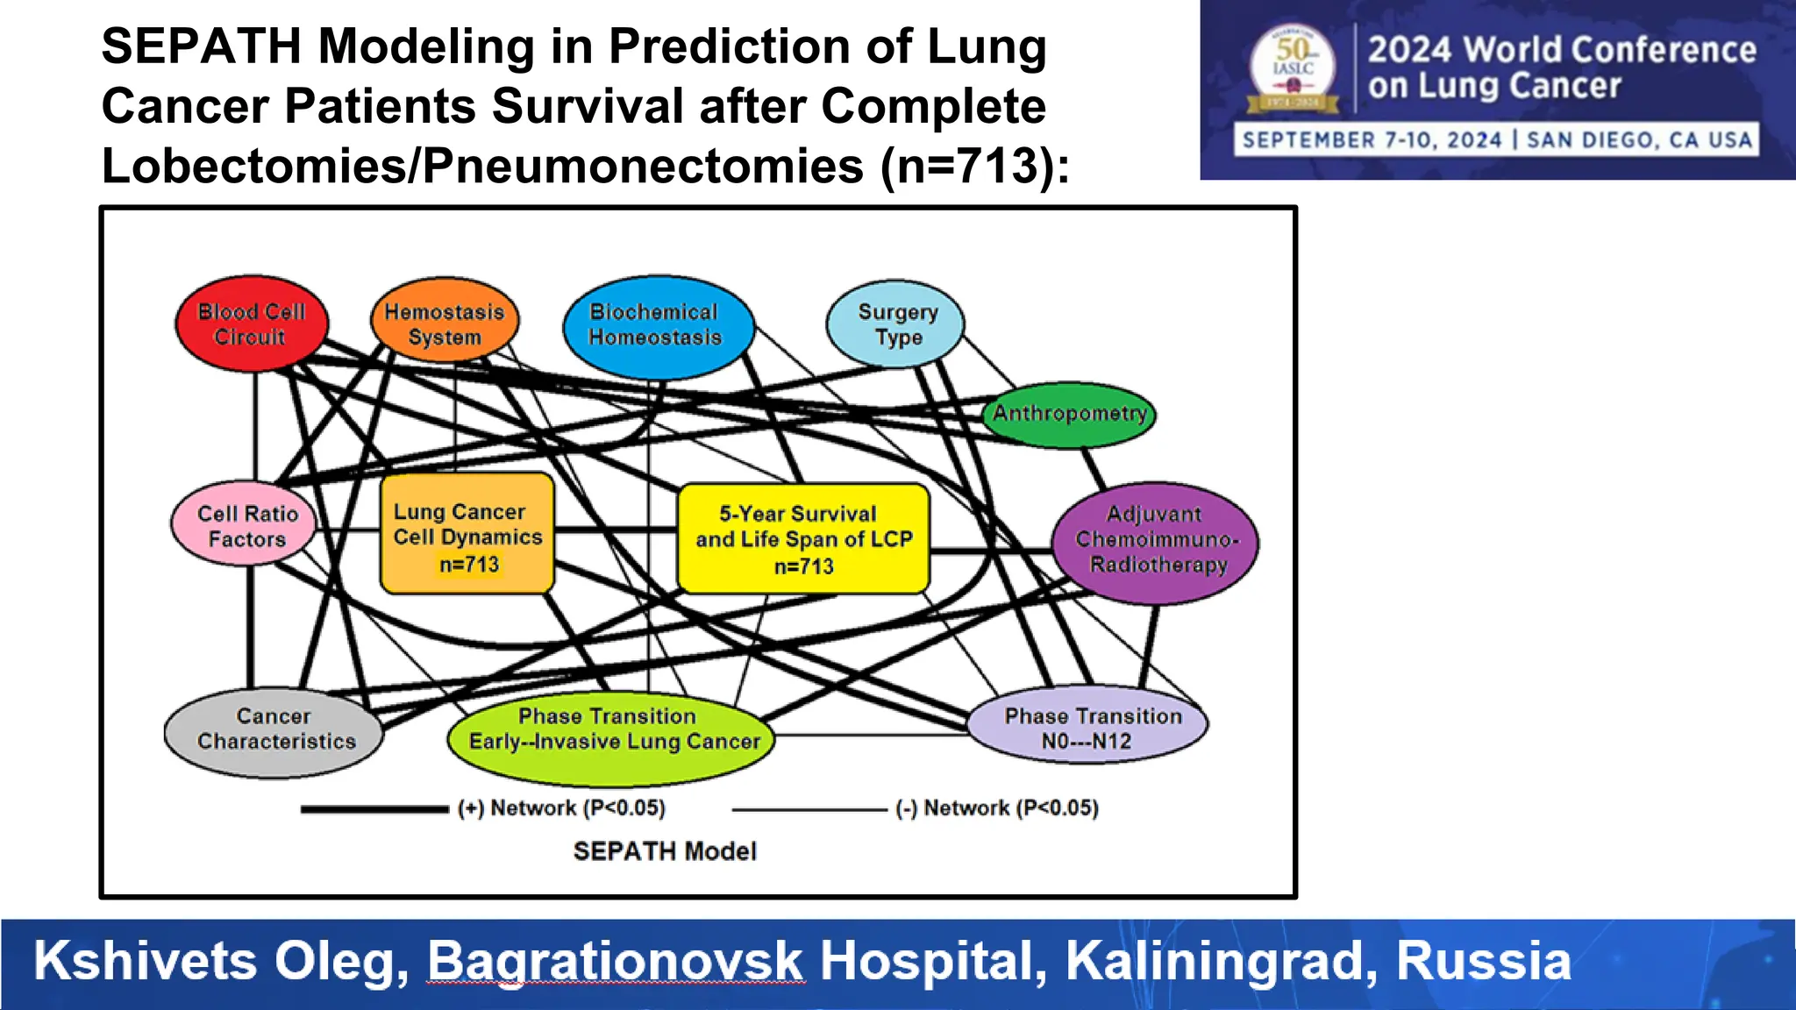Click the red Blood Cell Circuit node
pyautogui.click(x=252, y=324)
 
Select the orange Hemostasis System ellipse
pyautogui.click(x=445, y=324)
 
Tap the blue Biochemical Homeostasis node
pyautogui.click(x=656, y=325)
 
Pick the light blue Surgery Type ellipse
pyautogui.click(x=896, y=324)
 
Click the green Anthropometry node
pyautogui.click(x=1069, y=414)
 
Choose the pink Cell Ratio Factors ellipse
pyautogui.click(x=246, y=526)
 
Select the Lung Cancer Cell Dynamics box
pyautogui.click(x=467, y=535)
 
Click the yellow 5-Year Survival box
pyautogui.click(x=803, y=538)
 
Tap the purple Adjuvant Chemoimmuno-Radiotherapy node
pyautogui.click(x=1156, y=540)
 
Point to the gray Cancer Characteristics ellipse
pyautogui.click(x=274, y=730)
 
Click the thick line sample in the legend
pyautogui.click(x=374, y=809)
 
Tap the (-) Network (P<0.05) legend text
pyautogui.click(x=997, y=808)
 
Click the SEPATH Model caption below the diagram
pyautogui.click(x=665, y=851)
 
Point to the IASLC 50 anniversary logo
pyautogui.click(x=1293, y=70)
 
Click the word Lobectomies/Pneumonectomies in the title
pyautogui.click(x=482, y=166)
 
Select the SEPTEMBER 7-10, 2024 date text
pyautogui.click(x=1372, y=140)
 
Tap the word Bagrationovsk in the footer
pyautogui.click(x=615, y=961)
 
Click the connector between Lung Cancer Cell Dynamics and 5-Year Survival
pyautogui.click(x=616, y=530)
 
